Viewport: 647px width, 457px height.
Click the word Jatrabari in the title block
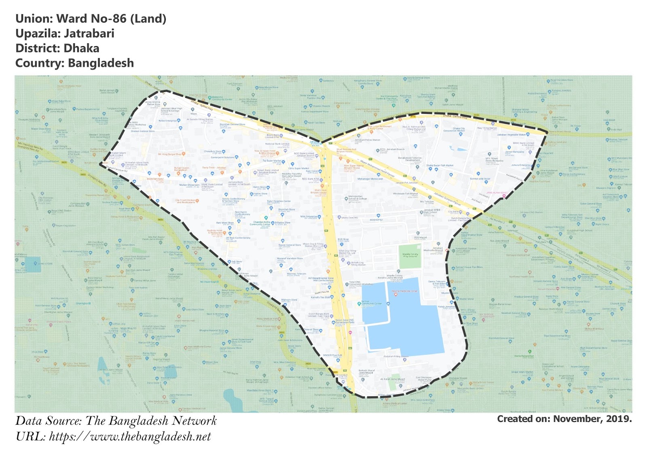89,34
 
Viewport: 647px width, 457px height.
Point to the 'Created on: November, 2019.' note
564,419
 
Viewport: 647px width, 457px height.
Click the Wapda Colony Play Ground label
410,255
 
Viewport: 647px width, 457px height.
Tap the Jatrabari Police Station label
368,140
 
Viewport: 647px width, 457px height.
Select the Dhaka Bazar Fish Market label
440,165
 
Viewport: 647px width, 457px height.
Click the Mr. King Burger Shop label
170,154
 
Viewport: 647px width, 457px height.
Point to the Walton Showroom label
189,185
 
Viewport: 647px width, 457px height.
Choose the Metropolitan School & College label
357,198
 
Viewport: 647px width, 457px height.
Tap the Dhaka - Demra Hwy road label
455,116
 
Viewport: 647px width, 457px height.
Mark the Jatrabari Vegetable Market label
512,135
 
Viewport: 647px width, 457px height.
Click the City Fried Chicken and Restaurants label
185,201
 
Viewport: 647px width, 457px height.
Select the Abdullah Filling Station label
396,356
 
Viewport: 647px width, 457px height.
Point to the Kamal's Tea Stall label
320,297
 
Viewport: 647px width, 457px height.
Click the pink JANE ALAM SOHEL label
497,193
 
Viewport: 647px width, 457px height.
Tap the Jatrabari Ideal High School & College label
171,110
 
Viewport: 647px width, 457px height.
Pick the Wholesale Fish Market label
405,194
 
